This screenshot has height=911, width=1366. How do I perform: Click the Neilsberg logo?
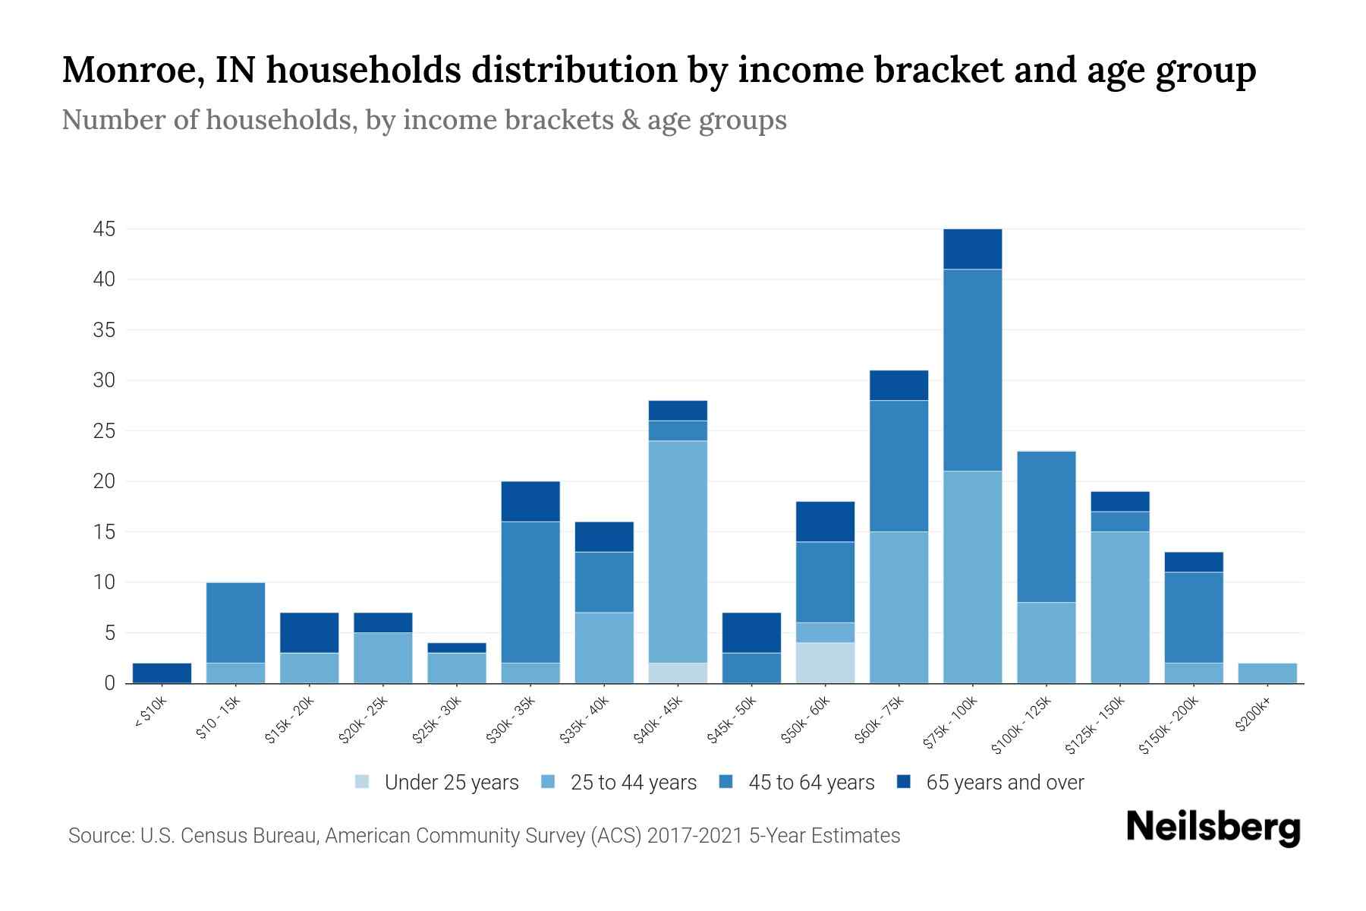coord(1213,827)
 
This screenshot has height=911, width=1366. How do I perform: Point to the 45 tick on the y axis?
coord(104,229)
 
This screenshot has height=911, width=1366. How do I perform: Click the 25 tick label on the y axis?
coord(104,431)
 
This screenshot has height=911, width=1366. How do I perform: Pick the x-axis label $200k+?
coord(1252,717)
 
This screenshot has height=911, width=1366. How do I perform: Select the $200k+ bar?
coord(1267,673)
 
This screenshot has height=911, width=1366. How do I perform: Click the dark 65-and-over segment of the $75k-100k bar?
coord(972,249)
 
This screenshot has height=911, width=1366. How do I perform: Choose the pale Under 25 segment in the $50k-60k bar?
coord(825,663)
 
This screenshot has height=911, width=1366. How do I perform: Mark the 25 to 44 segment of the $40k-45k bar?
coord(678,552)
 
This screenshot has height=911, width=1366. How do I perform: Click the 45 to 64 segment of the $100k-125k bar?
coord(1046,527)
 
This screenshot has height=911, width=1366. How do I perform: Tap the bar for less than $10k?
coord(162,673)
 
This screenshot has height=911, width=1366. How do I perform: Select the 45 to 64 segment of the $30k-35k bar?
coord(530,592)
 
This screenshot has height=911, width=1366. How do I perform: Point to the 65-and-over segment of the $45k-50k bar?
coord(751,632)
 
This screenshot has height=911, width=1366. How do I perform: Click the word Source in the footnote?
coord(99,836)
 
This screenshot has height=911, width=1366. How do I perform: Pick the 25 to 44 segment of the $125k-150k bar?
coord(1119,607)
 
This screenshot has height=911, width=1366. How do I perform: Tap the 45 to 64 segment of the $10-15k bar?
coord(235,623)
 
